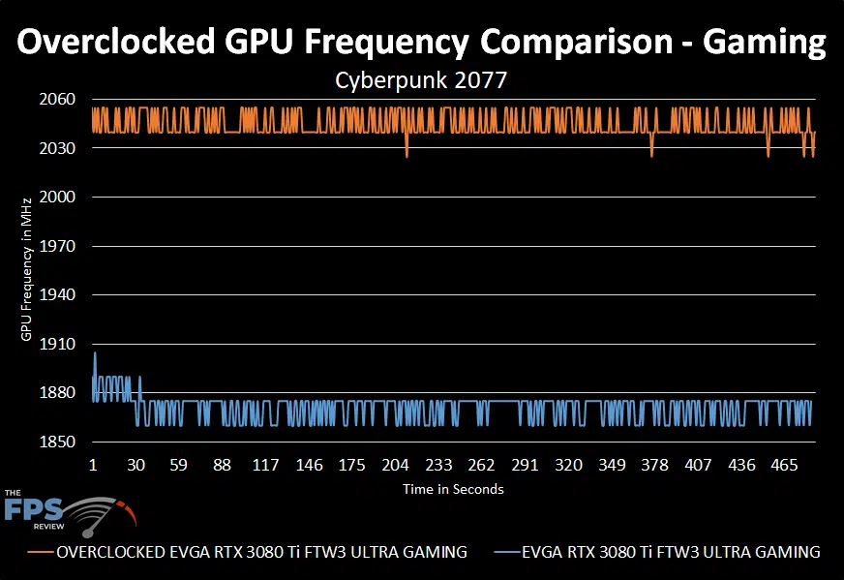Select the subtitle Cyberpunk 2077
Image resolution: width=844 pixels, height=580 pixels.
[x=421, y=81]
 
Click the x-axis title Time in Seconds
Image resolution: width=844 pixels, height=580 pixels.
[x=453, y=489]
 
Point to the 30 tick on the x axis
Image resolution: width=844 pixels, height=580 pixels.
[x=136, y=465]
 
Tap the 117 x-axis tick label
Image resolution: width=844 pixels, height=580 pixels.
[x=265, y=465]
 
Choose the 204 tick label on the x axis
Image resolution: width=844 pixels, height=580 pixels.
[x=395, y=465]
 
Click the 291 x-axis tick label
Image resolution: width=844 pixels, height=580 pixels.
[x=525, y=465]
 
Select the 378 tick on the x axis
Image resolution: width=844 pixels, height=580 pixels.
[x=655, y=465]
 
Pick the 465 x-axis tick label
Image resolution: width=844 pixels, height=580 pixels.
[x=785, y=465]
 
